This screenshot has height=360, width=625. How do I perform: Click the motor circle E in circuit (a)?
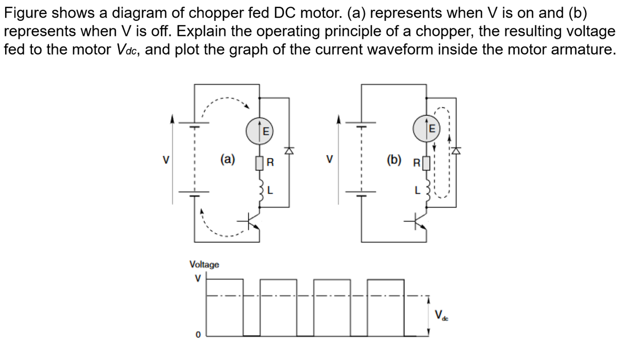259,131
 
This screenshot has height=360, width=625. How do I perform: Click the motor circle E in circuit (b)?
426,128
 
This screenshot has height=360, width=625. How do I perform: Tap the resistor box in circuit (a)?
259,163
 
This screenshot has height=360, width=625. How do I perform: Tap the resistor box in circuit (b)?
426,163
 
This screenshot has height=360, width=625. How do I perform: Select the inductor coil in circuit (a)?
261,190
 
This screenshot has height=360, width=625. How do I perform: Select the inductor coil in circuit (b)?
428,190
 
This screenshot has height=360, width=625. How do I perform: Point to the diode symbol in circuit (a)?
289,151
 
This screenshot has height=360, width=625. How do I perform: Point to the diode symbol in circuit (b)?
456,151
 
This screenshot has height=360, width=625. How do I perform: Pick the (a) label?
228,159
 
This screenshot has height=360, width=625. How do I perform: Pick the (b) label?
394,160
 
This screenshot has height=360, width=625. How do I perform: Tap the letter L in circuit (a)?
270,190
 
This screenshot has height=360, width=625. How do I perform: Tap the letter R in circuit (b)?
417,163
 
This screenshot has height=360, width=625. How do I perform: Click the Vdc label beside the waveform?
441,315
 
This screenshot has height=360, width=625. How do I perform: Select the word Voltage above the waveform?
204,264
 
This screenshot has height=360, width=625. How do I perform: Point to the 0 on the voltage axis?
198,335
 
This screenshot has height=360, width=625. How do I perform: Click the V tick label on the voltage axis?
198,278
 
